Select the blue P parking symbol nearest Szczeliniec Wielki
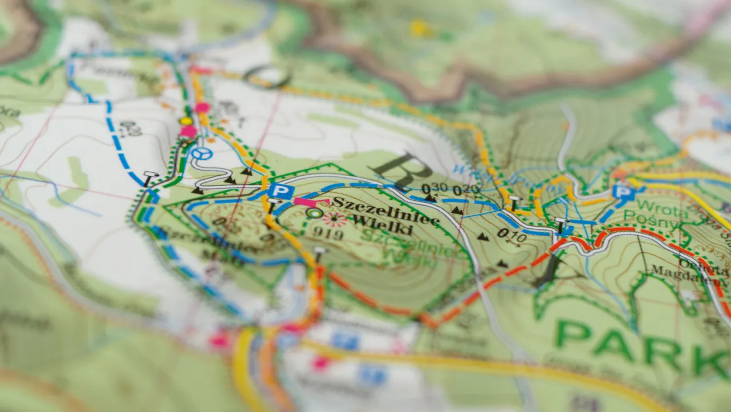pyautogui.click(x=281, y=191)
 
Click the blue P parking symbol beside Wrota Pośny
pyautogui.click(x=624, y=192)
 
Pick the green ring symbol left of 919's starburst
pyautogui.click(x=314, y=213)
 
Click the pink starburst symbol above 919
pyautogui.click(x=334, y=218)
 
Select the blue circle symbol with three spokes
pyautogui.click(x=201, y=153)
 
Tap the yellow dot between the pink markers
pyautogui.click(x=186, y=121)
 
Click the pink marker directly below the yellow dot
pyautogui.click(x=188, y=132)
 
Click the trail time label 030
pyautogui.click(x=435, y=188)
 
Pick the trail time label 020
pyautogui.click(x=467, y=191)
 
